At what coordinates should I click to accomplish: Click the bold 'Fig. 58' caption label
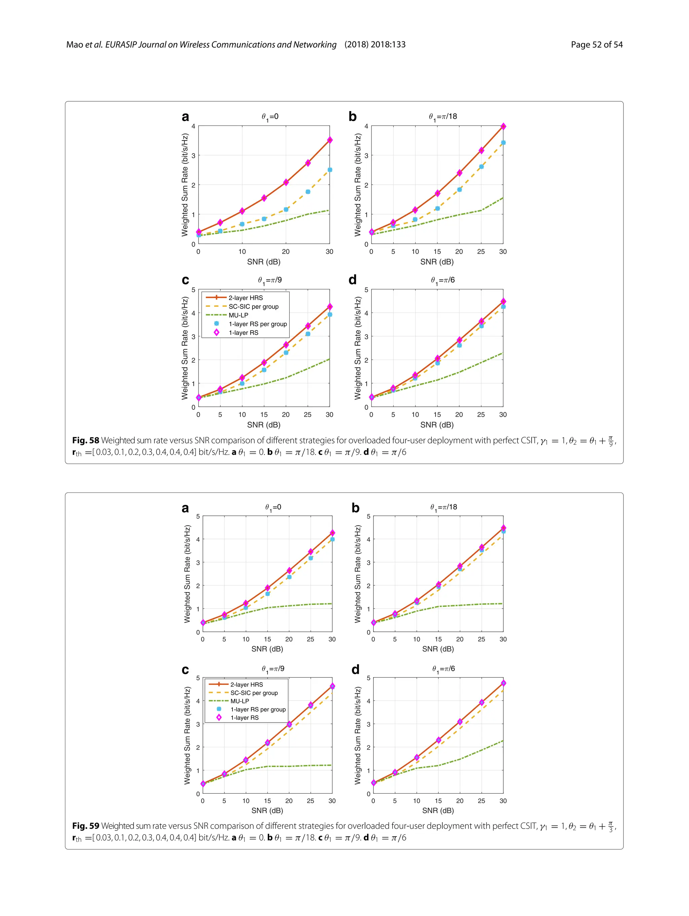85,440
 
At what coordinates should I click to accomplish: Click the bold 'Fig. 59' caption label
85,826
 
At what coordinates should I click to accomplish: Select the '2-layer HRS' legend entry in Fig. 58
245,298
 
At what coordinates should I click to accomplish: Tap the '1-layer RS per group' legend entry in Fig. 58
258,324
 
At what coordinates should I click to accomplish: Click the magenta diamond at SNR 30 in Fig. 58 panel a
330,140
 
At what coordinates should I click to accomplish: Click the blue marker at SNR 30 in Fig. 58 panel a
330,170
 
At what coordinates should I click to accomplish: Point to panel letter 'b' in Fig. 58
352,117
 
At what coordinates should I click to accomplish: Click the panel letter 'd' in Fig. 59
355,670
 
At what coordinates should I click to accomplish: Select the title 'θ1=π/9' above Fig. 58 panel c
270,280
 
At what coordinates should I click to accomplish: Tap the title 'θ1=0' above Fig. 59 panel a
273,507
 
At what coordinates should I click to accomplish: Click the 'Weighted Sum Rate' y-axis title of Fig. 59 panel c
187,735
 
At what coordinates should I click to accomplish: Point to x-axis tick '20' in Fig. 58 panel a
286,252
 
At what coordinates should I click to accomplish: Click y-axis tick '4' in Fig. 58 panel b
366,126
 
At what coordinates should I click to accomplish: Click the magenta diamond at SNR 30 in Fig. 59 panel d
503,683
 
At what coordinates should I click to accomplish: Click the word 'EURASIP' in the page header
120,45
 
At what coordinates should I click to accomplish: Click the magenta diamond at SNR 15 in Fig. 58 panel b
437,193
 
